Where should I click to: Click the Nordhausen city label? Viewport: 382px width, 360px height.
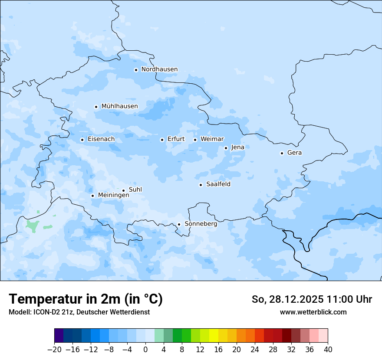point(159,69)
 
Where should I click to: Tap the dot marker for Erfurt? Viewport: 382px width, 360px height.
point(162,140)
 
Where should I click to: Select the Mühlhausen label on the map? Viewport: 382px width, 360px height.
point(119,106)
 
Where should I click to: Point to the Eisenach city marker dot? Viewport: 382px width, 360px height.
point(82,140)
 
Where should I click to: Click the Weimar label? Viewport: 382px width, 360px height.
point(212,139)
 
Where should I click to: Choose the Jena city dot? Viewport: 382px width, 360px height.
point(226,148)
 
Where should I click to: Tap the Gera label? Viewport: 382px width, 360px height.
point(294,153)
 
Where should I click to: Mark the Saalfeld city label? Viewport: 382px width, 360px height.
point(218,184)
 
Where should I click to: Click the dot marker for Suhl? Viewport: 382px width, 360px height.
point(123,190)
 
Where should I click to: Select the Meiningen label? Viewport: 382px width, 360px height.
point(113,196)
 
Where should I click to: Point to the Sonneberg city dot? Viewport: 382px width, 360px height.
point(179,225)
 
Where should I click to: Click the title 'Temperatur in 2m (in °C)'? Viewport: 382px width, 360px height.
point(86,299)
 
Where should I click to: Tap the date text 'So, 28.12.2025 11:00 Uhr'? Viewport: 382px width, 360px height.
point(312,299)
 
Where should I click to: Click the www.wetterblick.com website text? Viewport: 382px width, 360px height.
point(313,312)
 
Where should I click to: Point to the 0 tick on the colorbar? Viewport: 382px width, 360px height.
point(145,350)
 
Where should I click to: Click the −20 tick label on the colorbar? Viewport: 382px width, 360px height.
point(54,350)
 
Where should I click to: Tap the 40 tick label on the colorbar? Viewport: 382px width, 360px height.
point(328,350)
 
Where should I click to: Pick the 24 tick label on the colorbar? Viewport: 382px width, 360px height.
point(255,350)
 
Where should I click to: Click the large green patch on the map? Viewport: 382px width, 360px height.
point(32,226)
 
